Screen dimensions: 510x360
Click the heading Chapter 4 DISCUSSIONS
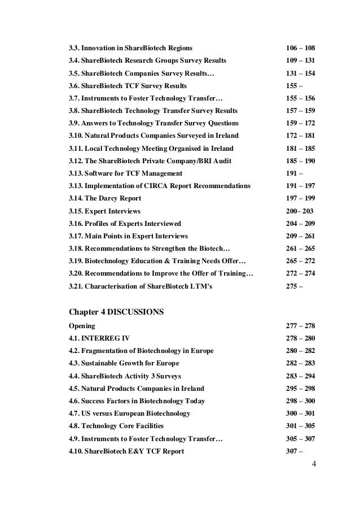pos(116,312)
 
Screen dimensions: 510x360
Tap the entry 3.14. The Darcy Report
pos(104,198)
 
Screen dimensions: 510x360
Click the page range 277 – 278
pos(300,326)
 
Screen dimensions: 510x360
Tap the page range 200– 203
pos(298,211)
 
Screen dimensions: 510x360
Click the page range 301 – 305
pos(300,426)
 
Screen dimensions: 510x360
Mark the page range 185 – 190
pos(300,160)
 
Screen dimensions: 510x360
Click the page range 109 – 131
pos(300,59)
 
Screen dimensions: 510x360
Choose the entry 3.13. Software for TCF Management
pos(125,173)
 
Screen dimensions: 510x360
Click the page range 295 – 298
pos(300,388)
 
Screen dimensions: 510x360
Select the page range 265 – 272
pos(300,261)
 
